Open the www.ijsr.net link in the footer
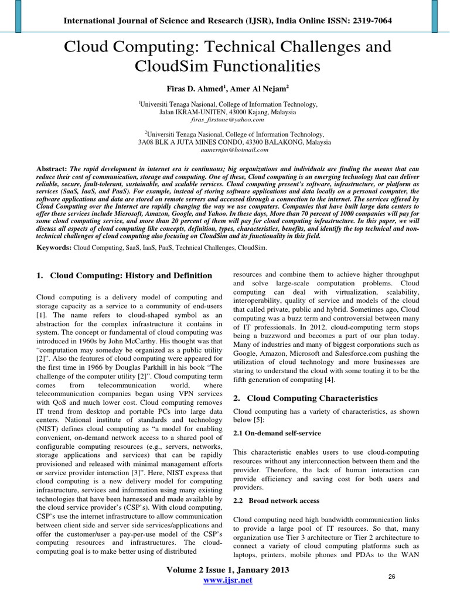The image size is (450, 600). [227, 580]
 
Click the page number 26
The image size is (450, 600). [392, 577]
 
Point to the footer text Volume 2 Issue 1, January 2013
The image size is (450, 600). [227, 570]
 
